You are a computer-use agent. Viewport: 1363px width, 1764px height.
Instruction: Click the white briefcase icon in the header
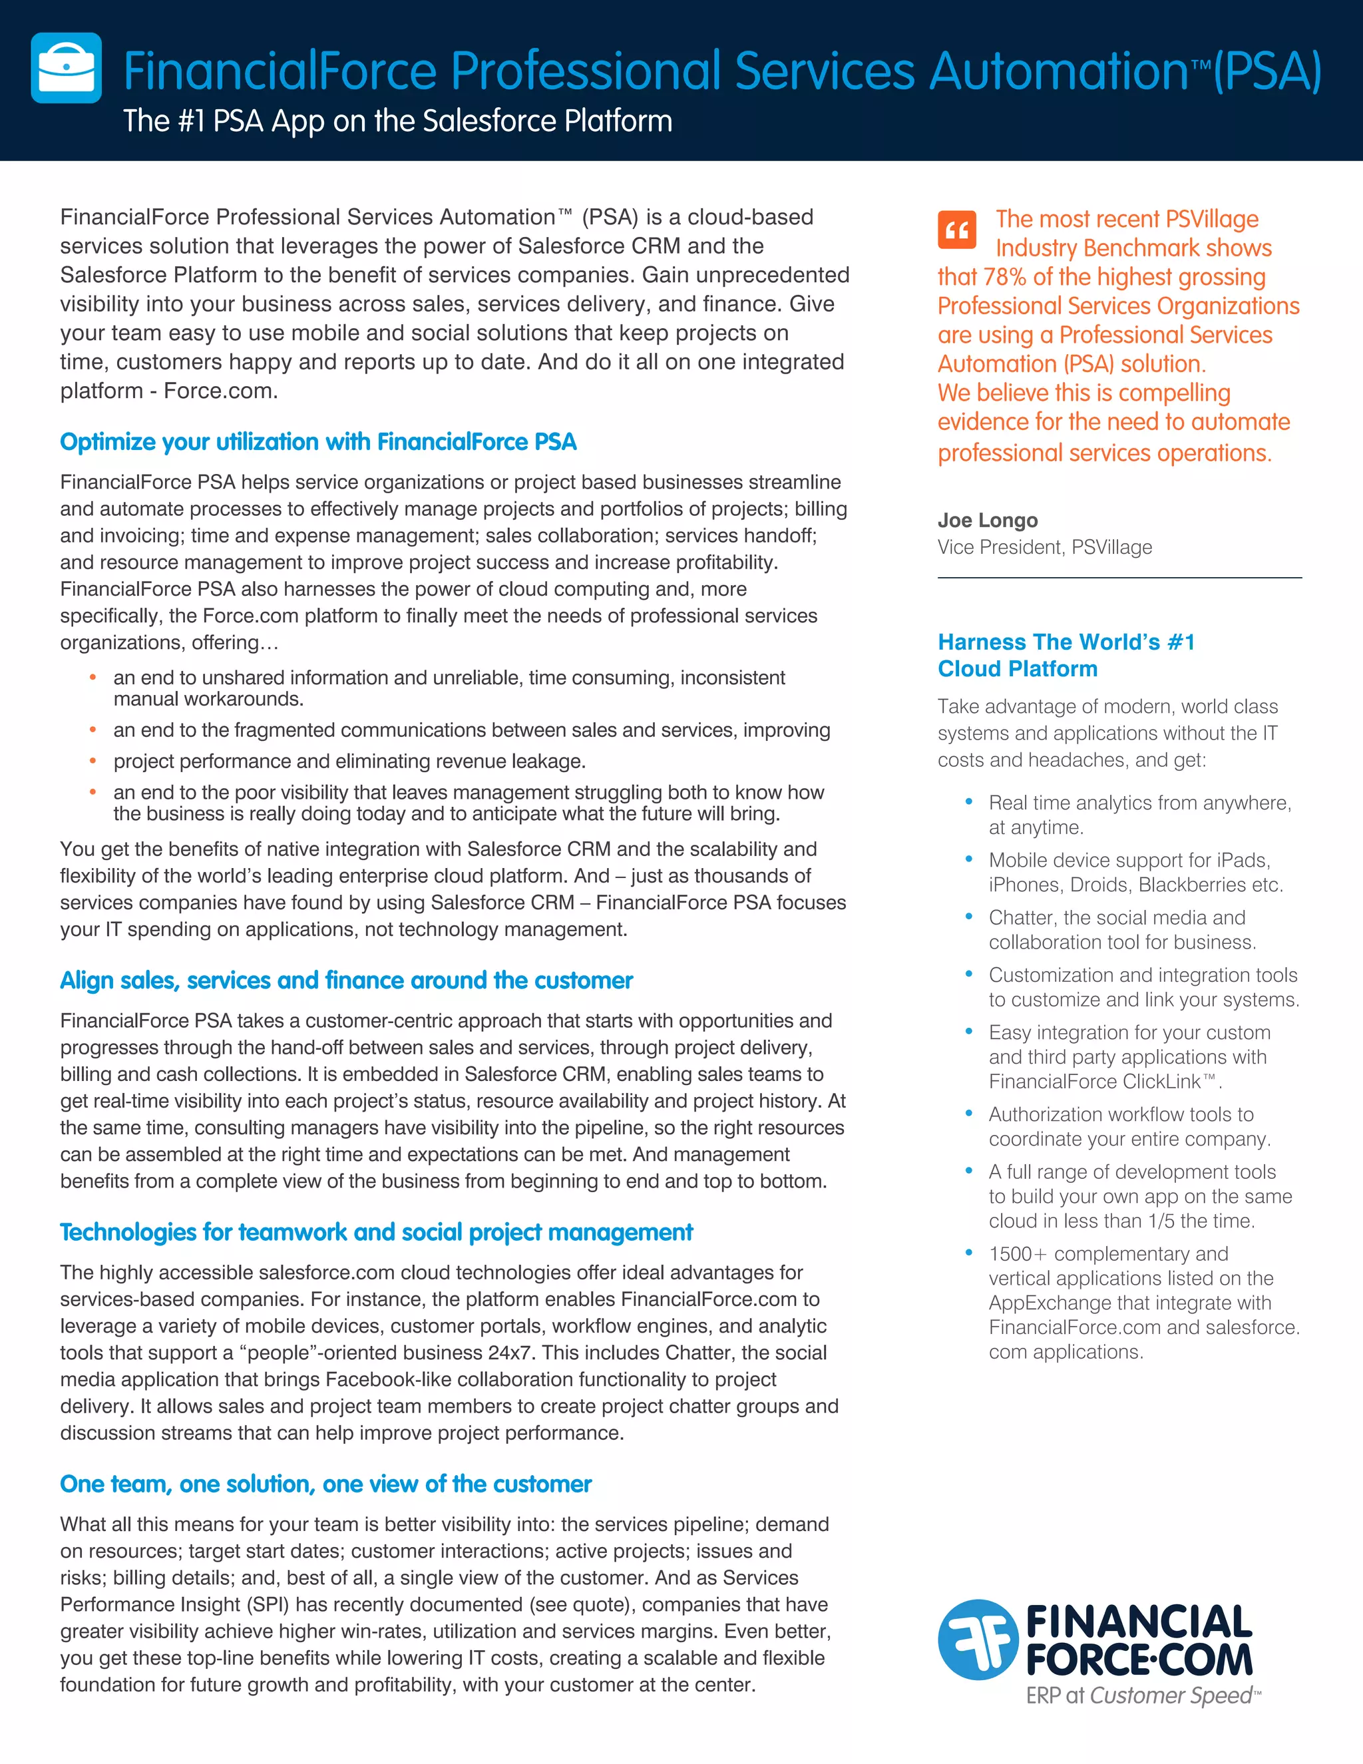pyautogui.click(x=66, y=68)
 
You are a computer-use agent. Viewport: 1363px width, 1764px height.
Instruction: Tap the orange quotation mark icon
pyautogui.click(x=957, y=230)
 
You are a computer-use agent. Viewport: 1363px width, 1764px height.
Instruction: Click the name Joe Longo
pyautogui.click(x=988, y=520)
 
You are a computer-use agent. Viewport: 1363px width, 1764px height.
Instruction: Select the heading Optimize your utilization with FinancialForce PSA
pyautogui.click(x=318, y=442)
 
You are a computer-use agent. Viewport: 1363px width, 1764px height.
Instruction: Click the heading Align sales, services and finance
pyautogui.click(x=345, y=980)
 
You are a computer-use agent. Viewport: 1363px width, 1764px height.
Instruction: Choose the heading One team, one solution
pyautogui.click(x=325, y=1484)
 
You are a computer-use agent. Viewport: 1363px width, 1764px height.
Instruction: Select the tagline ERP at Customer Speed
pyautogui.click(x=1141, y=1695)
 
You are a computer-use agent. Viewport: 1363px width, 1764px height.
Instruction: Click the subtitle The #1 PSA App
pyautogui.click(x=397, y=121)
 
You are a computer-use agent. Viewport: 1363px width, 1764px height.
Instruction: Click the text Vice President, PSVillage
pyautogui.click(x=1044, y=548)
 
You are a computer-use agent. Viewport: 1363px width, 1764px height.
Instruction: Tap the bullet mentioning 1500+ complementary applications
pyautogui.click(x=1143, y=1302)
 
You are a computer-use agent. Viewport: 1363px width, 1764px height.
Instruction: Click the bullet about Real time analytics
pyautogui.click(x=1139, y=814)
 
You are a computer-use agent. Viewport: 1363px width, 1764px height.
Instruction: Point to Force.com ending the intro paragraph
pyautogui.click(x=220, y=391)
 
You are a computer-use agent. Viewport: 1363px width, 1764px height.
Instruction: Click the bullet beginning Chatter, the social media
pyautogui.click(x=1121, y=930)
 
